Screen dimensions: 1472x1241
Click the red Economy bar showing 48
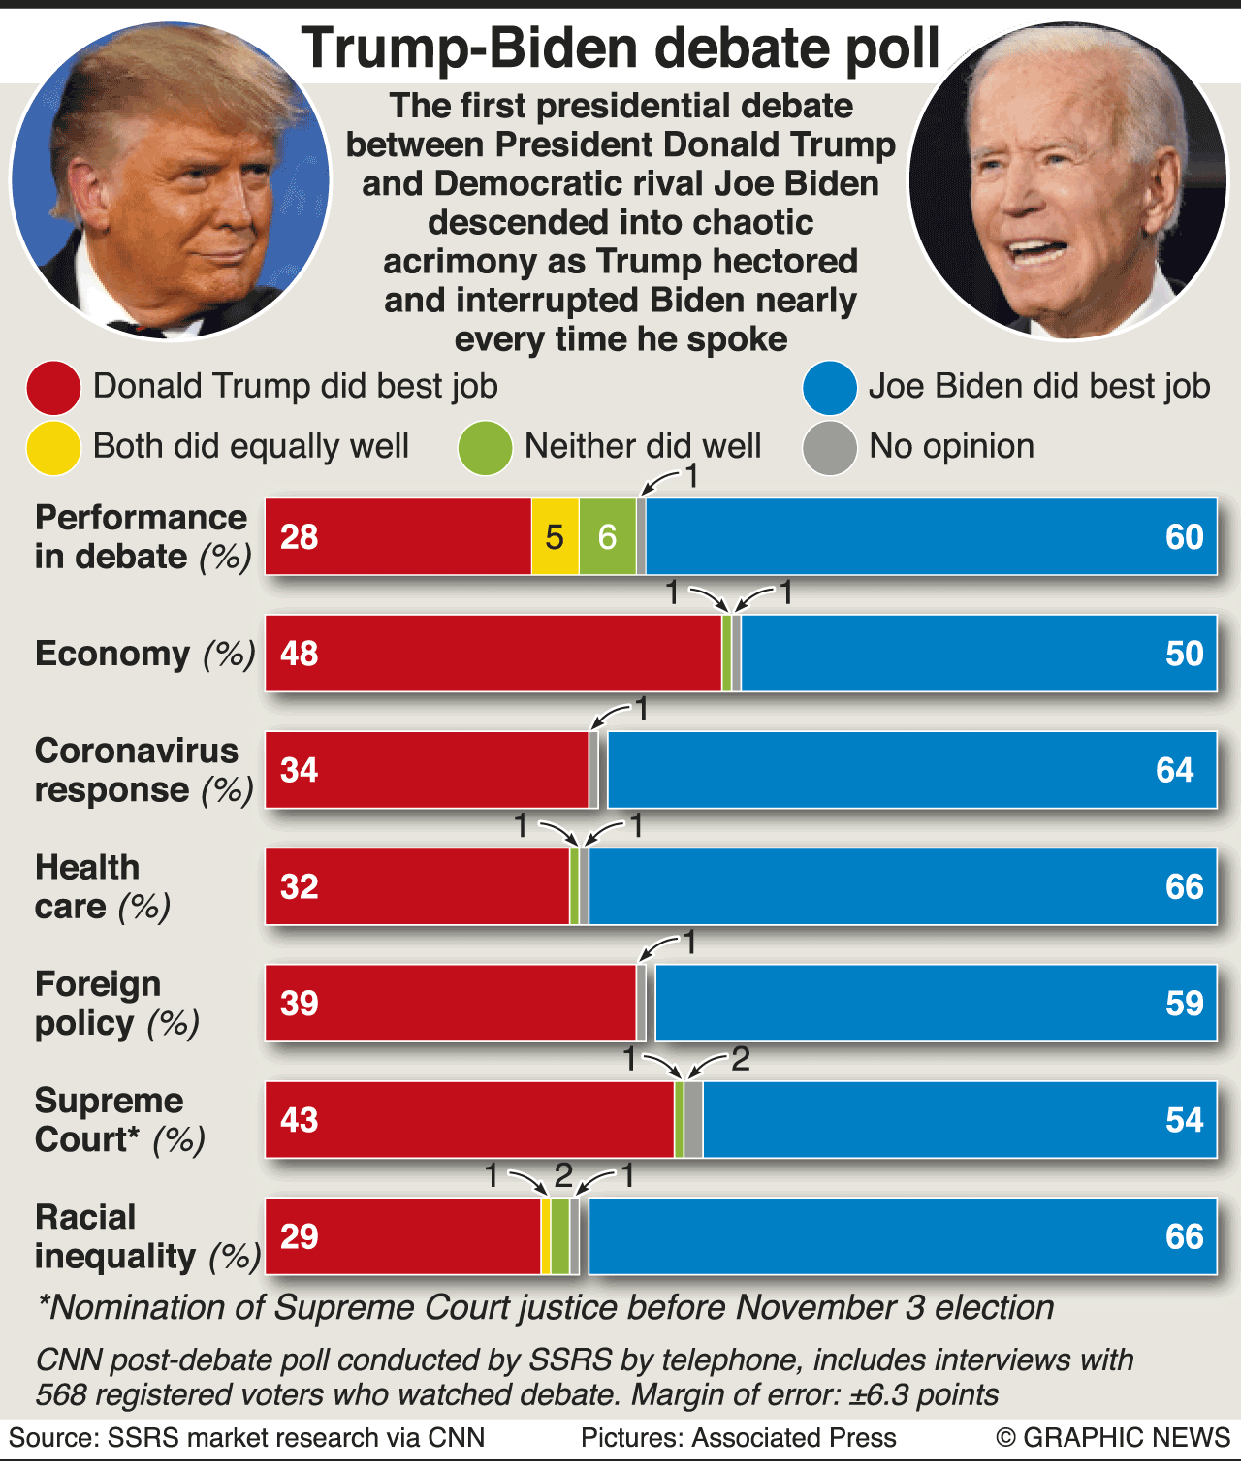(493, 654)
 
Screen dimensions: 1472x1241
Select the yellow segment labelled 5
(555, 537)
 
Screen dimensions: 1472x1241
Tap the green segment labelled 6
(607, 537)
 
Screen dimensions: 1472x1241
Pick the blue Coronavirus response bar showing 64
(911, 770)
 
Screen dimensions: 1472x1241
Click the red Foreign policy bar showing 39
(451, 1003)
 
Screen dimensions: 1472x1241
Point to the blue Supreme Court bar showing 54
(959, 1120)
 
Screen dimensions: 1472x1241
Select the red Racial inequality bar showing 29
(402, 1236)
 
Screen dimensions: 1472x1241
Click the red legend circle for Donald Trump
(53, 387)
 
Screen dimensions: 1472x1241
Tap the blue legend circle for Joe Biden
(830, 387)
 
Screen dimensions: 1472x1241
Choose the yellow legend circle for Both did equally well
(53, 448)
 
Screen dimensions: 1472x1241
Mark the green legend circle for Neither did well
(485, 448)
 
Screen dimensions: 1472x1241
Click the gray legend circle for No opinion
(830, 448)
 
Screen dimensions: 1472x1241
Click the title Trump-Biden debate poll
(620, 48)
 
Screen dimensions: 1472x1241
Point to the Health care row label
(102, 886)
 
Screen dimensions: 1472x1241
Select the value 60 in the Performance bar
(1184, 537)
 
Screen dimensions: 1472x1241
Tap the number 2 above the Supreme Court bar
(741, 1059)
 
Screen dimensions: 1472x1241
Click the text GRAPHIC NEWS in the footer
(1126, 1437)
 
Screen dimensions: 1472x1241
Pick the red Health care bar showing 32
(417, 886)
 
